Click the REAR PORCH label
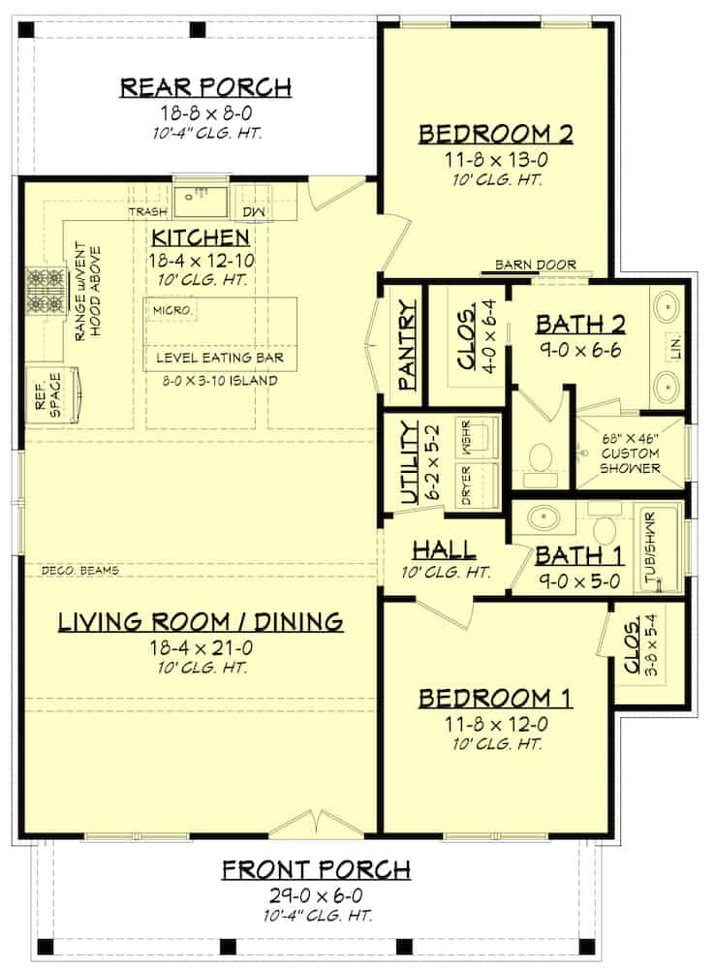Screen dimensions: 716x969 pyautogui.click(x=205, y=87)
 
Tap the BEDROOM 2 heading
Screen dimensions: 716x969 pyautogui.click(x=496, y=134)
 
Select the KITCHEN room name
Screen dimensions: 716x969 pyautogui.click(x=201, y=237)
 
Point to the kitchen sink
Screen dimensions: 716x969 pyautogui.click(x=201, y=201)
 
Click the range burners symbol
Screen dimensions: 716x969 pyautogui.click(x=46, y=291)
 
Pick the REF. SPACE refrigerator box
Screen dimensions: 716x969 pyautogui.click(x=54, y=395)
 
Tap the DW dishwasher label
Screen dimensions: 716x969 pyautogui.click(x=253, y=212)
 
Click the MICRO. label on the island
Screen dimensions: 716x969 pyautogui.click(x=172, y=310)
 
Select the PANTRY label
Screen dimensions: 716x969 pyautogui.click(x=407, y=346)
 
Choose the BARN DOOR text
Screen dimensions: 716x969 pyautogui.click(x=536, y=265)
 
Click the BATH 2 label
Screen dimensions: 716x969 pyautogui.click(x=580, y=324)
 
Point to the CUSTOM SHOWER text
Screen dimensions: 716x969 pyautogui.click(x=630, y=461)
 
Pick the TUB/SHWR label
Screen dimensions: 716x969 pyautogui.click(x=650, y=547)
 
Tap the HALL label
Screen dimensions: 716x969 pyautogui.click(x=444, y=549)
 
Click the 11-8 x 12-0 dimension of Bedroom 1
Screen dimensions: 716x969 pyautogui.click(x=496, y=724)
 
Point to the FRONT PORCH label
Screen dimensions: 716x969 pyautogui.click(x=316, y=870)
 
